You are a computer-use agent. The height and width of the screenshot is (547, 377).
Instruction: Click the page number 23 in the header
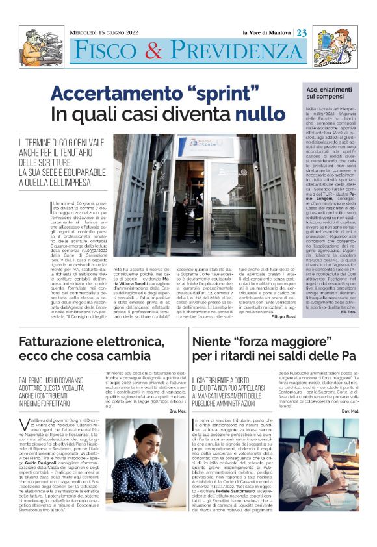click(304, 32)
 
